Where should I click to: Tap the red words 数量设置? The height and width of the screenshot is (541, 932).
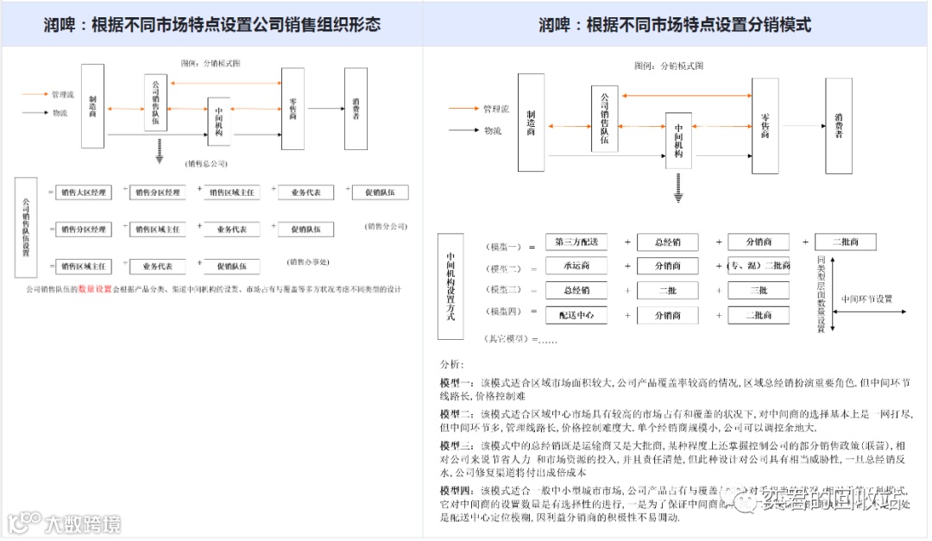click(95, 289)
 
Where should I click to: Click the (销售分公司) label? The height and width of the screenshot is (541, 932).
click(385, 227)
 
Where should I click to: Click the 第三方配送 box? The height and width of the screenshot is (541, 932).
click(576, 242)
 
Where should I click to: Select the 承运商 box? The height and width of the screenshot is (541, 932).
click(576, 266)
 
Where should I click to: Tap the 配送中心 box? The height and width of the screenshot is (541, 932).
click(576, 315)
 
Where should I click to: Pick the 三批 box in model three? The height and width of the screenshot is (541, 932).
click(759, 291)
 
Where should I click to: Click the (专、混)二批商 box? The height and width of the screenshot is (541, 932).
click(759, 266)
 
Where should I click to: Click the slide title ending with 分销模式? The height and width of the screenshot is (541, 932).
click(674, 24)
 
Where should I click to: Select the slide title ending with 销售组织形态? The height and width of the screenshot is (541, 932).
click(212, 24)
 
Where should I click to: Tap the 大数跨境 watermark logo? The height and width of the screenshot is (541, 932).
click(65, 523)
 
